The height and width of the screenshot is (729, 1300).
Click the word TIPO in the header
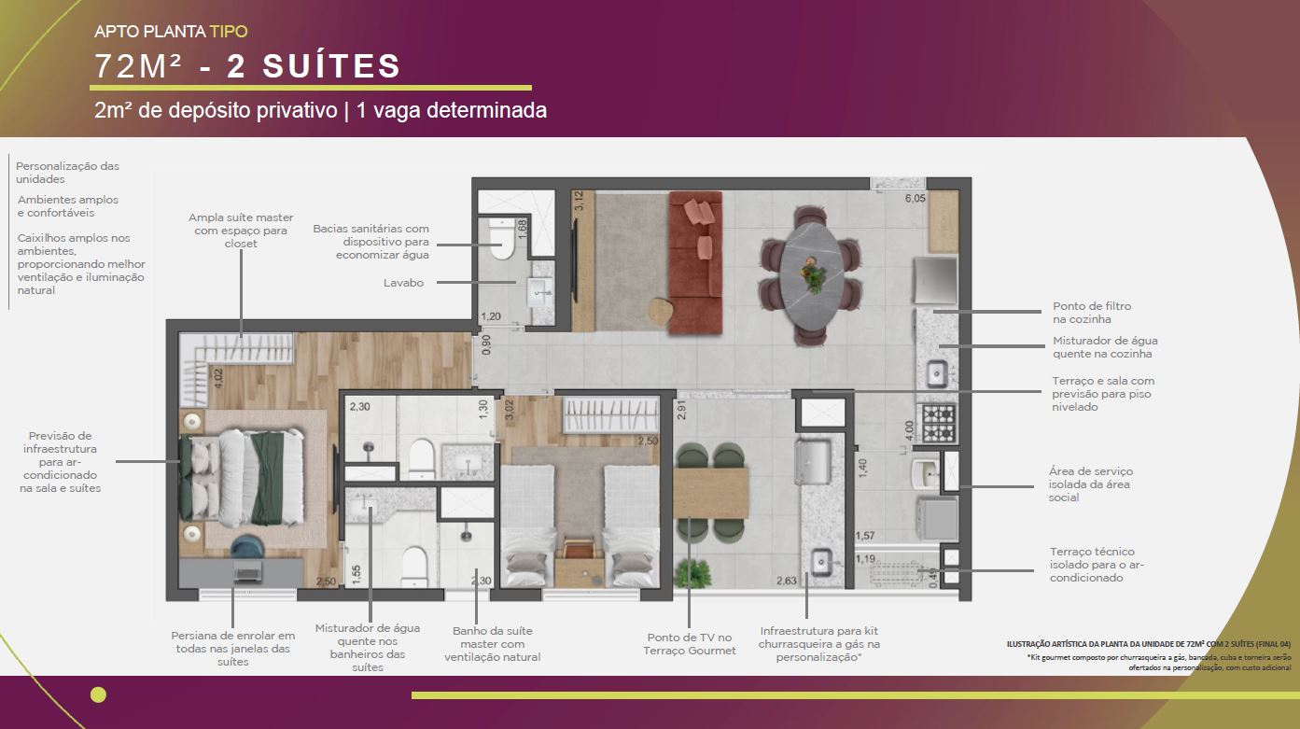[x=229, y=32]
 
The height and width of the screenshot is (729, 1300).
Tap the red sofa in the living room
[x=695, y=263]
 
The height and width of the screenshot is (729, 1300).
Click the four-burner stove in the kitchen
[x=939, y=424]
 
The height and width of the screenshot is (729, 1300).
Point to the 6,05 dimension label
[x=916, y=199]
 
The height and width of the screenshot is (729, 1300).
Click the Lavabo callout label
[x=403, y=283]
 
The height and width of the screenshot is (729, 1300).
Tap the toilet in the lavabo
[x=500, y=239]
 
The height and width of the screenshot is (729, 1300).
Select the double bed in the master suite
[x=242, y=477]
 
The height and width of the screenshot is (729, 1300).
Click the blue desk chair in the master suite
[x=248, y=548]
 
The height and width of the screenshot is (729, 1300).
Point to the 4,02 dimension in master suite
[x=218, y=378]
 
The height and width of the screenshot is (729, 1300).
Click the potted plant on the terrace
[x=693, y=573]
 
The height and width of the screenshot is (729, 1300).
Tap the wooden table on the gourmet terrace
[x=711, y=494]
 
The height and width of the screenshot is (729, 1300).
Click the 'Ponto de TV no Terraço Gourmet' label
[x=690, y=644]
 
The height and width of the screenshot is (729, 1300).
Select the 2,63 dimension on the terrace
[x=787, y=581]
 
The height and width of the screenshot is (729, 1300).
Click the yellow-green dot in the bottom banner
[x=99, y=694]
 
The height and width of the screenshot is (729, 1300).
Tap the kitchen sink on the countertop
[x=936, y=373]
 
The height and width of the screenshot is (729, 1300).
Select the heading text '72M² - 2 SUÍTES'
[x=248, y=65]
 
